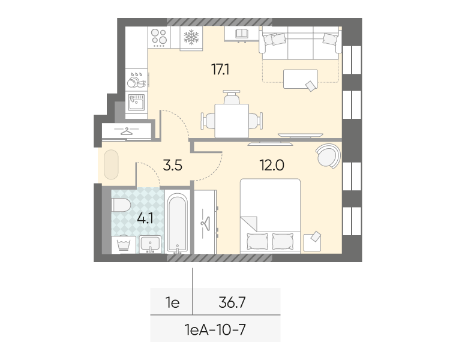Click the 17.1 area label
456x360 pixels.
[x=220, y=70]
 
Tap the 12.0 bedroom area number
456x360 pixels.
[x=272, y=165]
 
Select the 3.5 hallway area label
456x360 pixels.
[x=172, y=165]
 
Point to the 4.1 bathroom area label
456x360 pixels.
[x=145, y=218]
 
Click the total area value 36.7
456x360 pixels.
[x=232, y=302]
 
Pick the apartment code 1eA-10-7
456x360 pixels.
[x=215, y=329]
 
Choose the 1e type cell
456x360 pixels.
[x=172, y=302]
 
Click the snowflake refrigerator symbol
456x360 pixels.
[x=191, y=37]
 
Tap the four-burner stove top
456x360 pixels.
[x=159, y=37]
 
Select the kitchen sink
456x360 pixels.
[x=136, y=103]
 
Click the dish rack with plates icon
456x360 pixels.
[x=137, y=80]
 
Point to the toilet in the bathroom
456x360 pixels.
[x=121, y=205]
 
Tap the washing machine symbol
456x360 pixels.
[x=124, y=245]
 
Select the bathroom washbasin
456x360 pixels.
[x=150, y=244]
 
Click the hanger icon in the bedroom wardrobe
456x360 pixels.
[x=206, y=224]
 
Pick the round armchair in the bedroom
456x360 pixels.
[x=328, y=156]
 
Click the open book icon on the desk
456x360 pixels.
[x=241, y=34]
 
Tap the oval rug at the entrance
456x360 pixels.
[x=111, y=164]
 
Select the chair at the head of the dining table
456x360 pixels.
[x=232, y=97]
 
